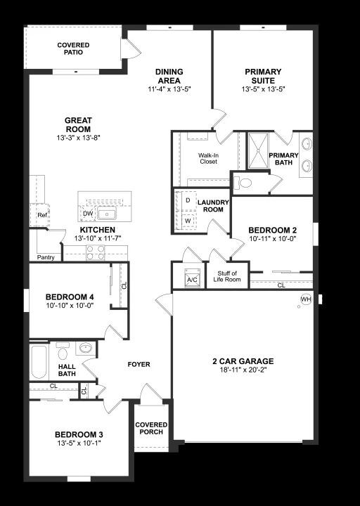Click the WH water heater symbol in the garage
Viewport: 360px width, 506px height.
coord(306,299)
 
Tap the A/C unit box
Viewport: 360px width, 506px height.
coord(192,278)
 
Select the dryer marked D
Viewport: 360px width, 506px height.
coord(188,200)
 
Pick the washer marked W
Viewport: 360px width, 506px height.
coord(188,221)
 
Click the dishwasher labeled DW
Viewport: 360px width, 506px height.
coord(88,214)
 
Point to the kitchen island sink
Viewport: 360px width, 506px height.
coord(107,214)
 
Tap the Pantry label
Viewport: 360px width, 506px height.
coord(46,257)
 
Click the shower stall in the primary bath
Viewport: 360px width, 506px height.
coord(258,150)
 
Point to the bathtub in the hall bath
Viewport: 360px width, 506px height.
coord(39,362)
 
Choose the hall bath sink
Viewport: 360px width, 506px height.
coord(86,348)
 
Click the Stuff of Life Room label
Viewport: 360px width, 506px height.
coord(227,277)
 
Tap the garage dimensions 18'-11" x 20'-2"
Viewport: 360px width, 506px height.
coord(243,370)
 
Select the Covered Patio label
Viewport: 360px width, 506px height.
coord(73,48)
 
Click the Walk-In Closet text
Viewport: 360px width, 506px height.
coord(208,158)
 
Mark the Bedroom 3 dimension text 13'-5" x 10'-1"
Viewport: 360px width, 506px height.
coord(79,443)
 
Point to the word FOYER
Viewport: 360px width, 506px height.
coord(139,364)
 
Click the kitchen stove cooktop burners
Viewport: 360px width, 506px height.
coord(96,253)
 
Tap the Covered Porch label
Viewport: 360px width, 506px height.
coord(151,428)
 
